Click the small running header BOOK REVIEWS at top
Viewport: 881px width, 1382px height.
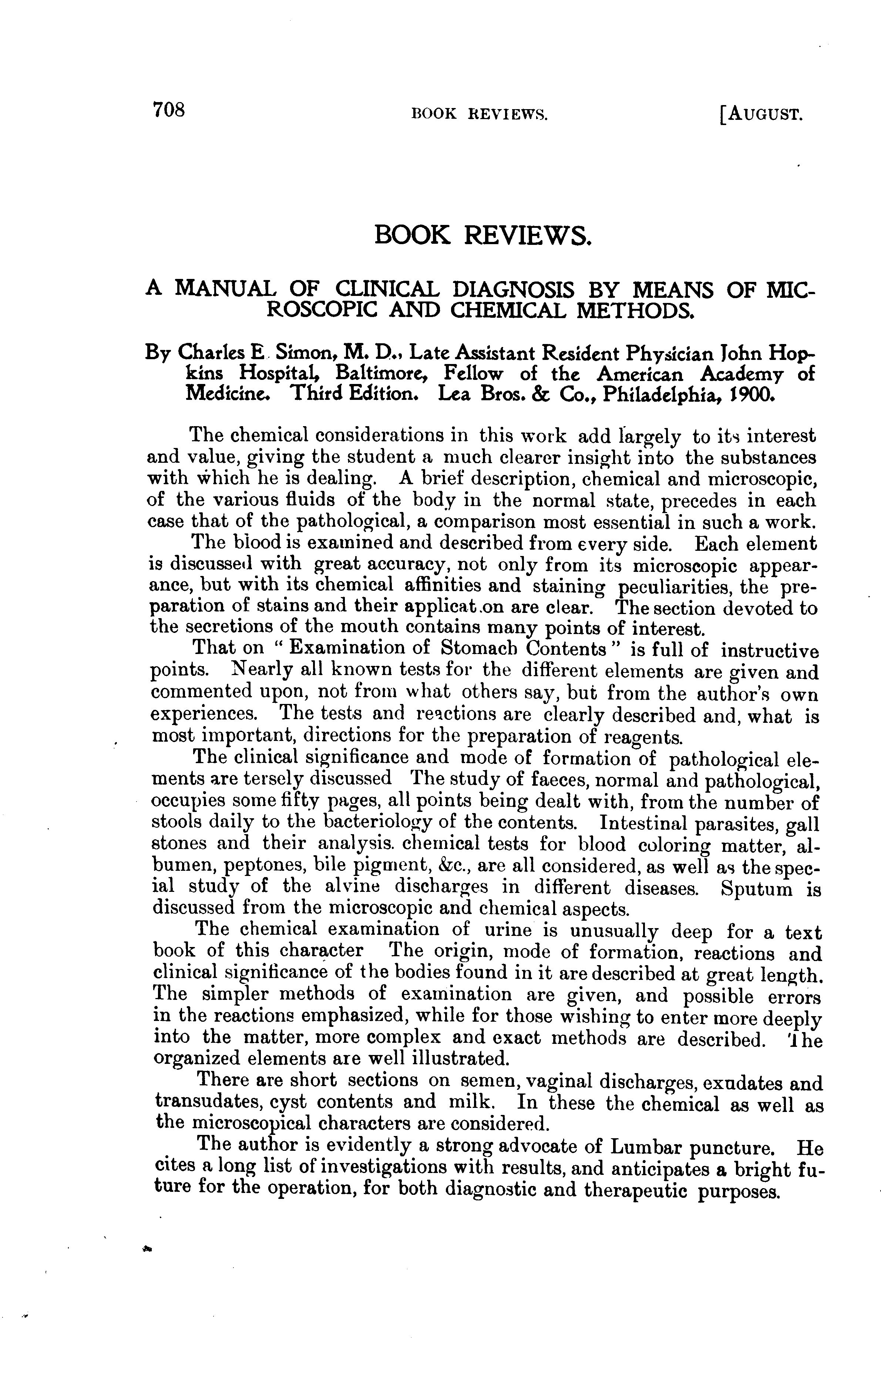point(480,115)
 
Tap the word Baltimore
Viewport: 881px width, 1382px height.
point(382,374)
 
